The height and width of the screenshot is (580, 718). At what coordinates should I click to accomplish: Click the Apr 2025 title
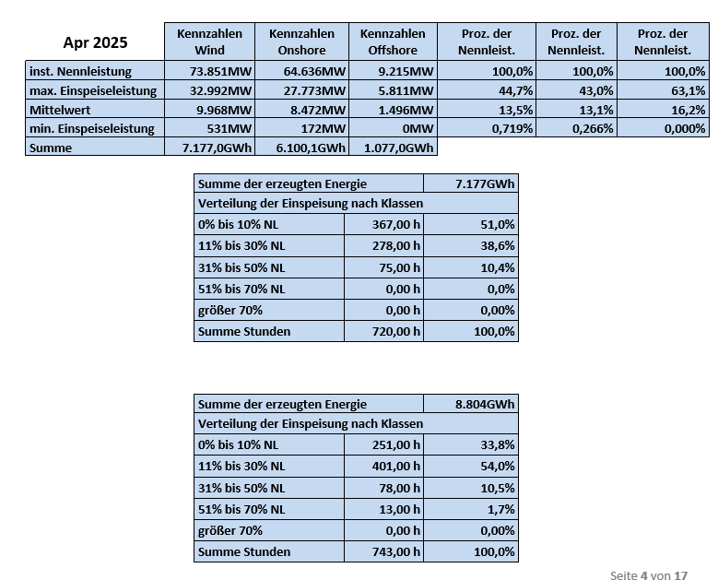click(x=95, y=42)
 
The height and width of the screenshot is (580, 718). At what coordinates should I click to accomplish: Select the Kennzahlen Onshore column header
click(x=301, y=41)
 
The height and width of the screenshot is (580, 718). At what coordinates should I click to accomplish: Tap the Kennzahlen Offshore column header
click(x=393, y=41)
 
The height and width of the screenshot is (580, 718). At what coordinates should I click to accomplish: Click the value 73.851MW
click(x=220, y=72)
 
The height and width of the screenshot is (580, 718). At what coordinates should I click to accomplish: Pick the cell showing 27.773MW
click(x=314, y=90)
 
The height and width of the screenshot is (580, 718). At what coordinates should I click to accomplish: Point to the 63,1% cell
click(x=689, y=90)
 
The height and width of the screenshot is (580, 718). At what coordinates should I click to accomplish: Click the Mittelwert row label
click(x=60, y=110)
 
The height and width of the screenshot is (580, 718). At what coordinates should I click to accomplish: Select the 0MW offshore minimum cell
click(x=418, y=128)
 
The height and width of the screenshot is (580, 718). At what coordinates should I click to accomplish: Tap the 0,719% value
click(x=512, y=128)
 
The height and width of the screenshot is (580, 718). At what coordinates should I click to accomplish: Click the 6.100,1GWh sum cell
click(x=311, y=148)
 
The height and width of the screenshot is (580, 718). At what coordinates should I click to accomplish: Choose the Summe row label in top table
click(x=51, y=148)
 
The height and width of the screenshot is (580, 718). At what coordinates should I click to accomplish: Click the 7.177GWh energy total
click(x=485, y=183)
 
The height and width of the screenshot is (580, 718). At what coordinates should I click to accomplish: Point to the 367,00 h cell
click(x=396, y=224)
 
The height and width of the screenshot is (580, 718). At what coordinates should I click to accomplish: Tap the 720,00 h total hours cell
click(x=396, y=331)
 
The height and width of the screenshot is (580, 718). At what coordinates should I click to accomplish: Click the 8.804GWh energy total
click(x=485, y=404)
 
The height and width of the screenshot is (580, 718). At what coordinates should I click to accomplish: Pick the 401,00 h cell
click(x=396, y=466)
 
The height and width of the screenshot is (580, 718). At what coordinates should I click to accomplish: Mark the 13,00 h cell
click(x=400, y=509)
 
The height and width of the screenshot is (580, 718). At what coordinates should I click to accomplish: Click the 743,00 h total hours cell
click(x=396, y=551)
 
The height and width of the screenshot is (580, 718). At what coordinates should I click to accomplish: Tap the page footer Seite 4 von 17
click(x=649, y=575)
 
